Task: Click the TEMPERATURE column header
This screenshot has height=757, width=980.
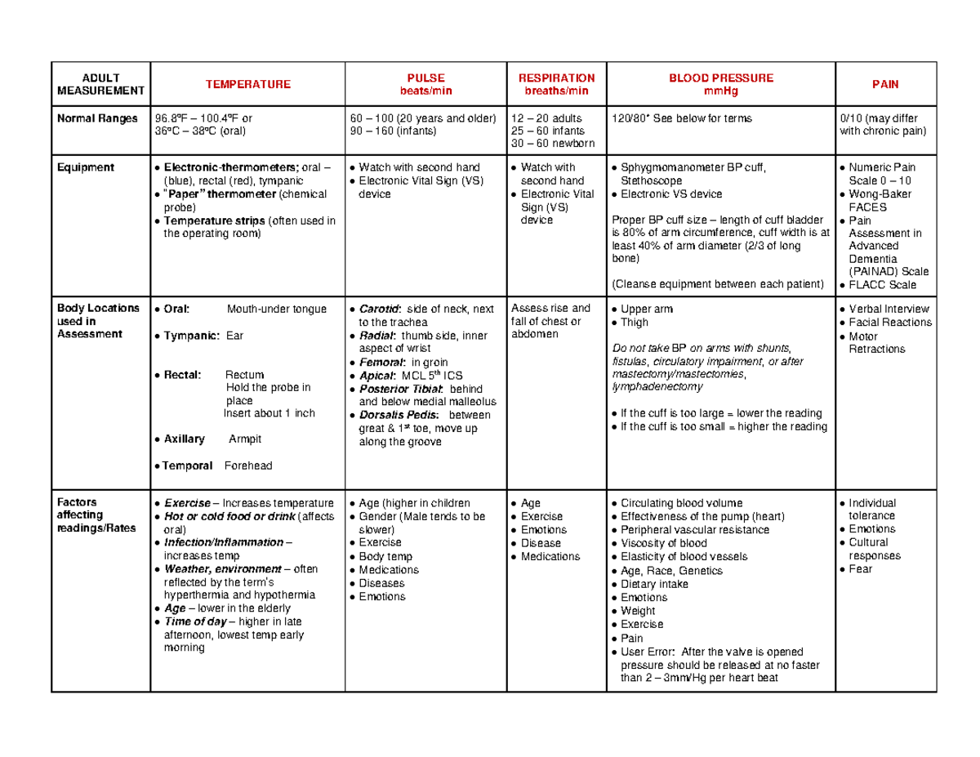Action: [x=247, y=84]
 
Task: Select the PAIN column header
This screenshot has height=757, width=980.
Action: [x=885, y=84]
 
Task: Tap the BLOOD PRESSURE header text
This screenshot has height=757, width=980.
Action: [x=721, y=78]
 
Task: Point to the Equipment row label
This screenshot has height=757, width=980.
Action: [x=85, y=167]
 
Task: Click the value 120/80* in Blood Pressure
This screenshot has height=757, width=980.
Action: [x=635, y=118]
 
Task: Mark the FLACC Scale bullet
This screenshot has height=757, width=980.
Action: [x=883, y=285]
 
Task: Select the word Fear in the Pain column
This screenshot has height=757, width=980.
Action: [x=861, y=568]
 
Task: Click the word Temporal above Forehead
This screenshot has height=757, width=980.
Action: [x=188, y=465]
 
